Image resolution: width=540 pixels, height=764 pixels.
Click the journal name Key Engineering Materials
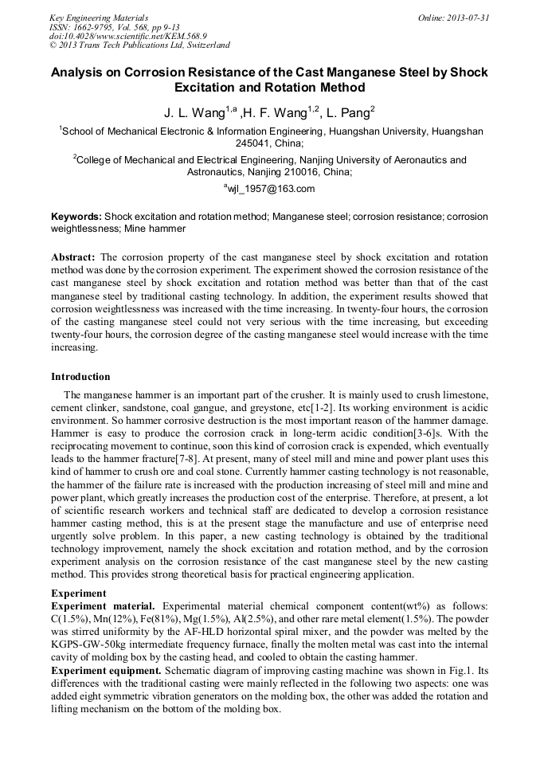click(98, 17)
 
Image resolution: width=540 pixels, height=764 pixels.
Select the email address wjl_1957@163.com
click(270, 189)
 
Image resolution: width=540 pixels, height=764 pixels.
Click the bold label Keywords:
click(76, 217)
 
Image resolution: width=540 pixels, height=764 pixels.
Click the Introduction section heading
click(80, 377)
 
